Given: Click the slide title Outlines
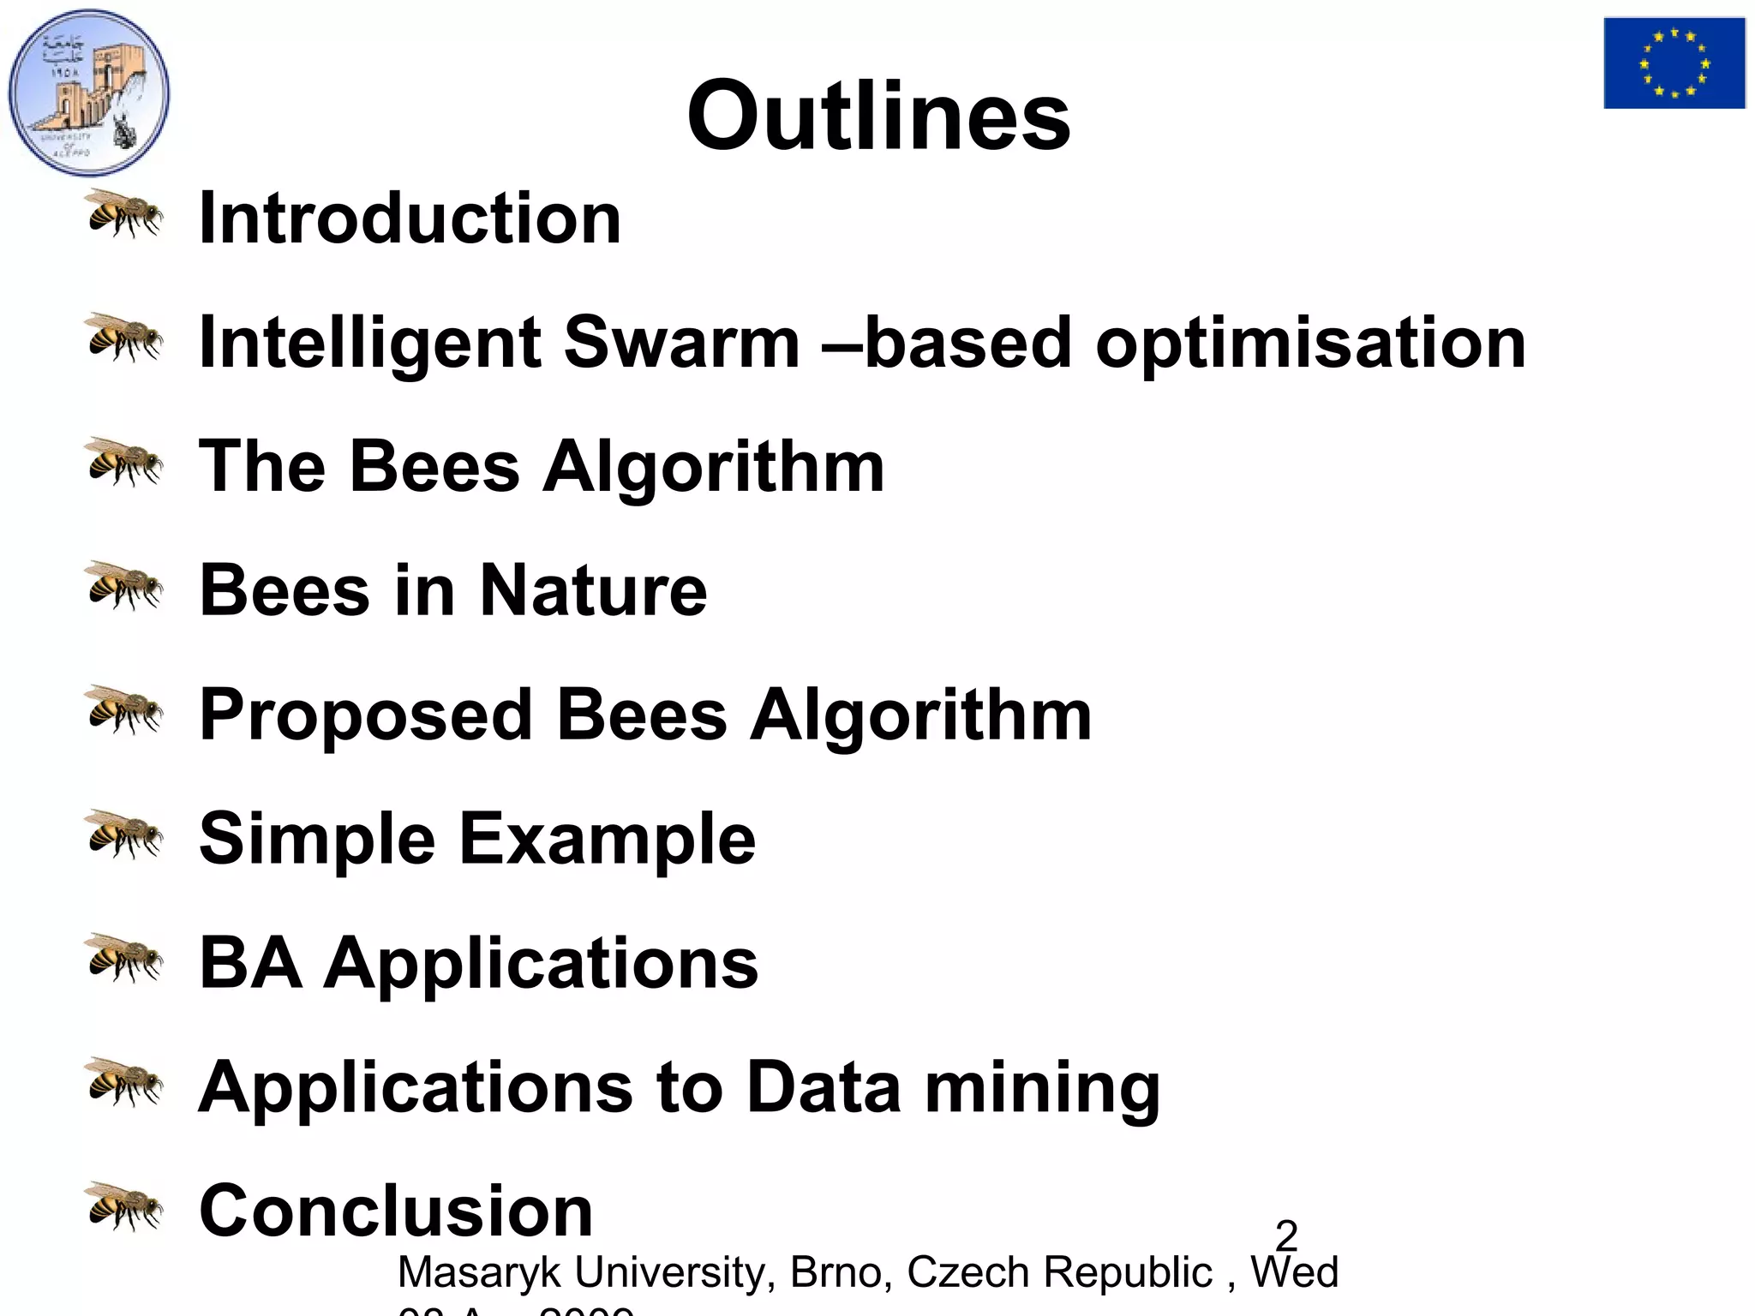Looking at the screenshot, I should point(878,116).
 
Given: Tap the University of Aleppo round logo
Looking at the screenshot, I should point(89,93).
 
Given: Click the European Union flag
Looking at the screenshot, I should point(1674,63).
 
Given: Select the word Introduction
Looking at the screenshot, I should point(410,218).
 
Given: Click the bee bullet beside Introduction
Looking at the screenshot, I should point(125,213).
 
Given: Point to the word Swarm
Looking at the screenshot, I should point(681,343).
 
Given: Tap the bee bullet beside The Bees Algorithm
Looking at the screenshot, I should point(125,462).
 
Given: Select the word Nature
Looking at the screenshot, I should point(593,590).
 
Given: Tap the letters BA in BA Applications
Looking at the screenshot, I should point(250,963).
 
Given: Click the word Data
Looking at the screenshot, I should point(824,1087).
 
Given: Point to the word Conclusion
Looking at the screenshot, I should point(396,1211).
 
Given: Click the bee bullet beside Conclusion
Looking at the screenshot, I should point(125,1205).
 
